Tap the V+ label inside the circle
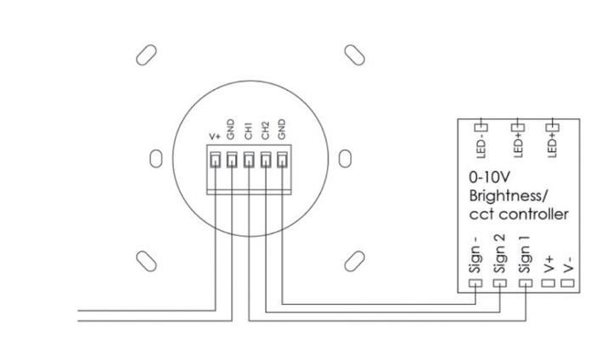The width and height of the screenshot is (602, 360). point(215,136)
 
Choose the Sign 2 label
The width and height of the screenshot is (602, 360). point(500,254)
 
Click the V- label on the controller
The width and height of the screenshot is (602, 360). point(569,262)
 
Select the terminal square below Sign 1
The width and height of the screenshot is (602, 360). point(525,282)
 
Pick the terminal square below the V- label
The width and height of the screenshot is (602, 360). point(569,282)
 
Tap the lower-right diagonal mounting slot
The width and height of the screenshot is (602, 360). point(355,258)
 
